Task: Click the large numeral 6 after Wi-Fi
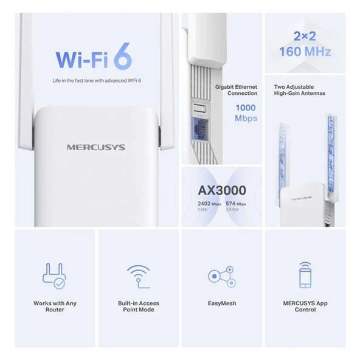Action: point(123,56)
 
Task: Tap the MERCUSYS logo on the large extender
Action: point(96,147)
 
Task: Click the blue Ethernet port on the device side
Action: point(199,131)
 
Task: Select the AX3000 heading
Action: point(222,190)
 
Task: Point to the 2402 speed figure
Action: point(204,204)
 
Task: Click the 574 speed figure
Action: point(230,204)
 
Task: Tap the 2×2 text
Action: point(305,36)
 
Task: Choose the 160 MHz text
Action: point(305,52)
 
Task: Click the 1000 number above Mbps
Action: point(246,108)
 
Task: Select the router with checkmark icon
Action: point(54,275)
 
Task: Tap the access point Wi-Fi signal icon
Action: point(139,277)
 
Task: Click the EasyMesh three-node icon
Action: point(222,277)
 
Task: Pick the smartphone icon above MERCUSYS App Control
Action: point(305,275)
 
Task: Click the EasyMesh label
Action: point(222,303)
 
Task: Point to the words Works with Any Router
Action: point(55,306)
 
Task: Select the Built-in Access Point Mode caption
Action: point(139,306)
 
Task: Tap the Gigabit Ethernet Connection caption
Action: point(236,90)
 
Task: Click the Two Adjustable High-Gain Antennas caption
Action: point(300,90)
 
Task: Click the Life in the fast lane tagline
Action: point(97,81)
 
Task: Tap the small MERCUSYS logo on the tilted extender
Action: point(302,198)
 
